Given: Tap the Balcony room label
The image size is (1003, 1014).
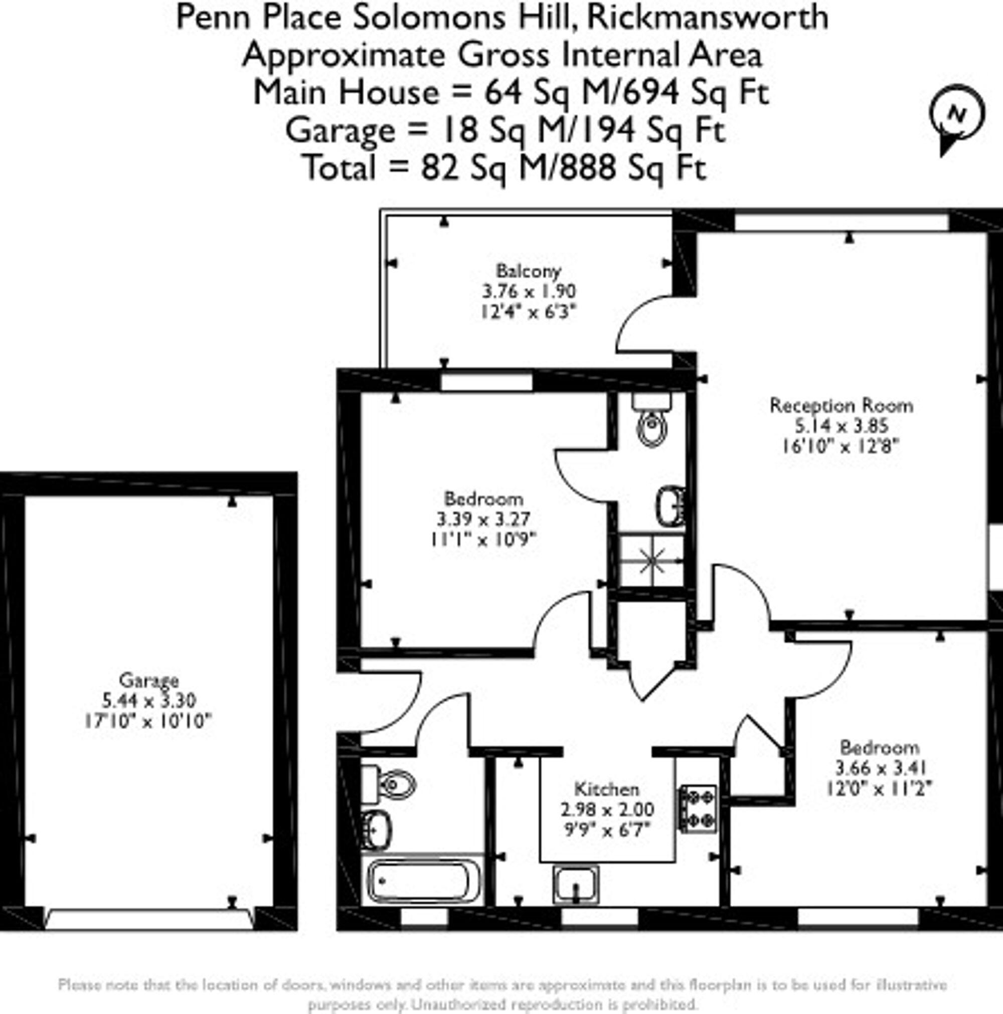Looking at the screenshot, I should click(x=529, y=271).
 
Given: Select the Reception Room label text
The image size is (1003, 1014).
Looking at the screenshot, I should click(x=841, y=405).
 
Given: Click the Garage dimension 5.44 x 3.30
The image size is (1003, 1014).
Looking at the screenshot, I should click(x=149, y=700).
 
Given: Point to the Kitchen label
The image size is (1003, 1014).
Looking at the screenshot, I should click(x=606, y=789).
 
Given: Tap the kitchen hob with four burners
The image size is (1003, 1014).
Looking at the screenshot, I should click(x=698, y=808).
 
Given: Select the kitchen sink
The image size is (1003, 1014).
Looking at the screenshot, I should click(x=576, y=884).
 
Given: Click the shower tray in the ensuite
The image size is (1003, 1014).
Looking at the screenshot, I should click(x=651, y=561).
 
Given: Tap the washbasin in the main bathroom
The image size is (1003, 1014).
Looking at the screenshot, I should click(x=376, y=830).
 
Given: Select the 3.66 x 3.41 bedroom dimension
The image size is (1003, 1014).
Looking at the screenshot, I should click(x=880, y=768).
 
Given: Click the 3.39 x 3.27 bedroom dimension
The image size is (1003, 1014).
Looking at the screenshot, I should click(x=483, y=519).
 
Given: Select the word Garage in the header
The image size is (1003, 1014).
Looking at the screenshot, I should click(x=340, y=130).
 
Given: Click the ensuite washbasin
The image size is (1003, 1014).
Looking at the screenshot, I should click(x=670, y=506).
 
